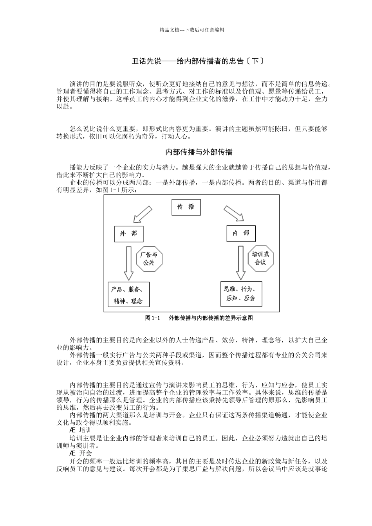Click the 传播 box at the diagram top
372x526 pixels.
[186, 207]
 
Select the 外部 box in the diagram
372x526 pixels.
[129, 234]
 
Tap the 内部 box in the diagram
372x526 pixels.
[241, 233]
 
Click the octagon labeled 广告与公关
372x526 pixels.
[149, 258]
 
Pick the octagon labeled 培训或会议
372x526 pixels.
[261, 258]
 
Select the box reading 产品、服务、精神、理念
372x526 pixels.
[128, 295]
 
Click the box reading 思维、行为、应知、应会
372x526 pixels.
[240, 294]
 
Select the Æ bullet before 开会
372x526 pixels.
[72, 453]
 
